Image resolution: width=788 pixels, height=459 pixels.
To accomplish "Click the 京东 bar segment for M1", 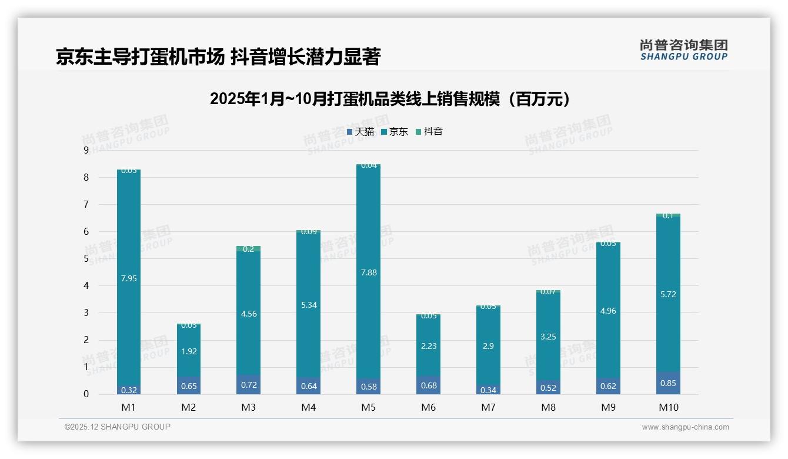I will (129, 235).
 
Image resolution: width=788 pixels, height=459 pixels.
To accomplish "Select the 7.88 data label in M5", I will (369, 272).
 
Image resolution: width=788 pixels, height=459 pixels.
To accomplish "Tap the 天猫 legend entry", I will (360, 132).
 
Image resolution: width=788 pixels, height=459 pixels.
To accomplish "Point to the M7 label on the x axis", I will (489, 407).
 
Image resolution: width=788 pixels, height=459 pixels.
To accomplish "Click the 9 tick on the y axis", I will (86, 151).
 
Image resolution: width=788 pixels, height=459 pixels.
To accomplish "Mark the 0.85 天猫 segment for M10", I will (669, 384).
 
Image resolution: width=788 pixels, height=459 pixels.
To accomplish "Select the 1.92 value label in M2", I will (189, 351).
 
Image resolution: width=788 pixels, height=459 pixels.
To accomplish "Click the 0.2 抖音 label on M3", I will (249, 249).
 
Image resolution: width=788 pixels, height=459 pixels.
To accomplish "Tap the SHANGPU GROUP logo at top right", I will (684, 50).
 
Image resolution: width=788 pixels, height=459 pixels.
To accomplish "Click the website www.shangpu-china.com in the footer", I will (685, 427).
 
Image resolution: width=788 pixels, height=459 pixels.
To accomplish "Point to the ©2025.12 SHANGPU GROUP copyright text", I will (118, 427).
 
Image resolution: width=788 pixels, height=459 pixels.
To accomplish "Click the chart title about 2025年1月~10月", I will (390, 99).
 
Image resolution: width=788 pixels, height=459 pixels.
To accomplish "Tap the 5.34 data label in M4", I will (309, 305).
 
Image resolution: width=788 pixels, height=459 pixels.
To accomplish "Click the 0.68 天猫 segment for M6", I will (429, 386).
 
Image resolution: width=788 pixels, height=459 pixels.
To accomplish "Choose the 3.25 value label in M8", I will (549, 337).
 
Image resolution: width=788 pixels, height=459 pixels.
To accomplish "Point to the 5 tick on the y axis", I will (86, 259).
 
